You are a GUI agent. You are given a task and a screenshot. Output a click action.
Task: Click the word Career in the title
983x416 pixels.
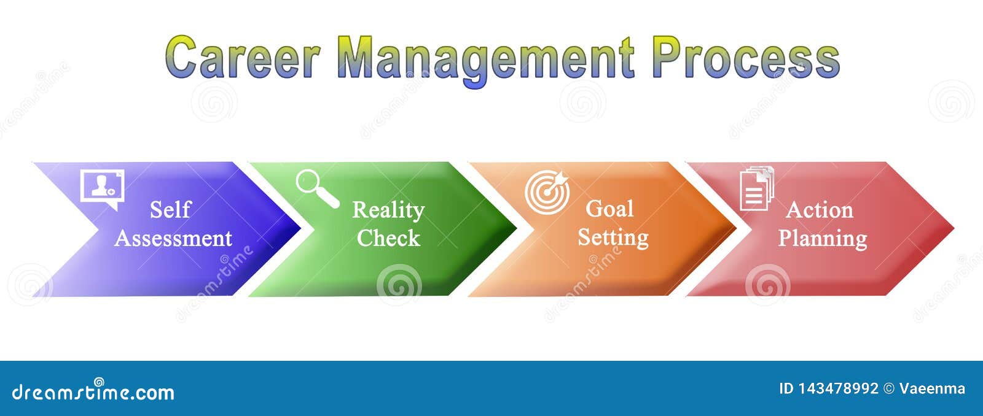pos(242,58)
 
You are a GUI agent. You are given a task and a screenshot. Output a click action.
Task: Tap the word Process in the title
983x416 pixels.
pos(745,58)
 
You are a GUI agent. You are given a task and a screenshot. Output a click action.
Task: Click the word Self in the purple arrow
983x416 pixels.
pos(170,210)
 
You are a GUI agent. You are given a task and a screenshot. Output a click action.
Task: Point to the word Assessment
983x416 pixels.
pos(173,238)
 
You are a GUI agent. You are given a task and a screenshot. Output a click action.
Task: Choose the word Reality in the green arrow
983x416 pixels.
pos(388,210)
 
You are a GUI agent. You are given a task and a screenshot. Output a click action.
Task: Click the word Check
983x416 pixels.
pos(388,238)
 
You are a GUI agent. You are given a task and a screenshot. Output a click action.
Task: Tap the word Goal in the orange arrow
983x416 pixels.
pos(609,209)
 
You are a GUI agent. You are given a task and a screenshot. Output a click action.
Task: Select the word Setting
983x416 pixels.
pos(613,237)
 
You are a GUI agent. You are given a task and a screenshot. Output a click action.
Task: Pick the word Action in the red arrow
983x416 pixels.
pos(820,210)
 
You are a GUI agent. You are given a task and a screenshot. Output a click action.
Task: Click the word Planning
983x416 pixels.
pos(823,238)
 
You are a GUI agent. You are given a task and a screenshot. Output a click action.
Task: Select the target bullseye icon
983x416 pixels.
pos(547,192)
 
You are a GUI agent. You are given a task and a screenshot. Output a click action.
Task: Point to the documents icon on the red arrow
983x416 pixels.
pos(756,188)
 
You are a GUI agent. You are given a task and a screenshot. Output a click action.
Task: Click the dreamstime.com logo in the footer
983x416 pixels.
pos(93,391)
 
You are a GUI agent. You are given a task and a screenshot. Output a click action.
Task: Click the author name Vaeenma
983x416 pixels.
pos(932,388)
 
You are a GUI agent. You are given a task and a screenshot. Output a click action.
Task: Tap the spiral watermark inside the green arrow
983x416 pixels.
pos(399,284)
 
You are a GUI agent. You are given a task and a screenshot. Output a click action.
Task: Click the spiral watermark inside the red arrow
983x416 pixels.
pos(767,284)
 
